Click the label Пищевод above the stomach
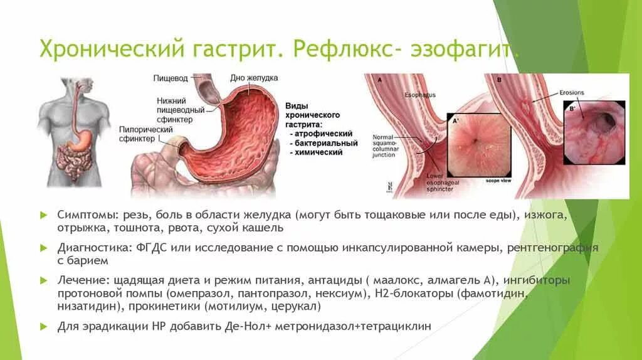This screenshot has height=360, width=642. [x=170, y=78]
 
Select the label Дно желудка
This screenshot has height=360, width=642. [x=254, y=78]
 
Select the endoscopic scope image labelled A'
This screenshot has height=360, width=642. [x=474, y=144]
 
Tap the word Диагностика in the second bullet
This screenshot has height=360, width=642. [x=94, y=248]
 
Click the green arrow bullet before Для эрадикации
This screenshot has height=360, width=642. [x=43, y=327]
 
